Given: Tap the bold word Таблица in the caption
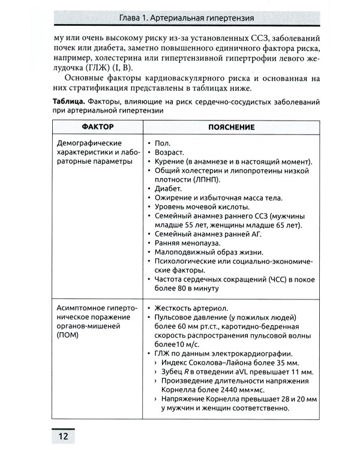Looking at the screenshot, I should point(69,102).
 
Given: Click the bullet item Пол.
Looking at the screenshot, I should point(162,144).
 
